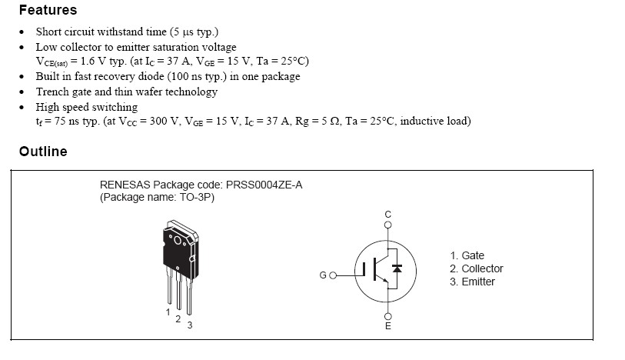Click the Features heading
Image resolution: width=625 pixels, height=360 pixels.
point(48,11)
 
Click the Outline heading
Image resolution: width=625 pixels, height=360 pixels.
point(43,152)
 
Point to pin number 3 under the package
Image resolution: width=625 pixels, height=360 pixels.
point(189,325)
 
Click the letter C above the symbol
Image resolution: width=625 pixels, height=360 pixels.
point(387,213)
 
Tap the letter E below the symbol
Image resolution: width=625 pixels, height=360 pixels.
point(387,326)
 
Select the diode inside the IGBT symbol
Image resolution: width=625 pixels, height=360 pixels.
point(397,268)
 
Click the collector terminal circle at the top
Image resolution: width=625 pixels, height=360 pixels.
point(387,225)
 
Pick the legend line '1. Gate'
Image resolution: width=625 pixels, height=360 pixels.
point(467,255)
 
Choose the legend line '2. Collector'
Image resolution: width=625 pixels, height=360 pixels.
point(477,268)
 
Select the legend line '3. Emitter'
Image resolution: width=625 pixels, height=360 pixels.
point(473,282)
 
